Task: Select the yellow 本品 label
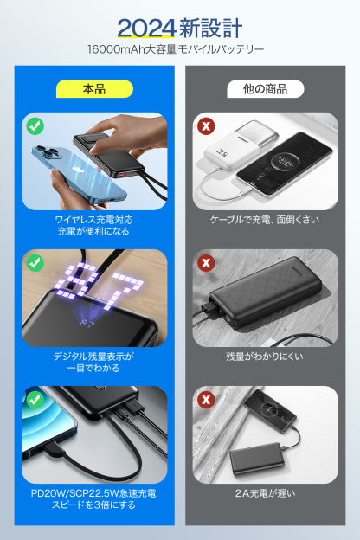(x=94, y=88)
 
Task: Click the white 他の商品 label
(x=266, y=88)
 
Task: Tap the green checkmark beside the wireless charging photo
(x=35, y=126)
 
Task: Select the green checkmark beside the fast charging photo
(x=35, y=399)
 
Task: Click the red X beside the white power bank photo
(x=206, y=126)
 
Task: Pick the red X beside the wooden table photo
(x=206, y=399)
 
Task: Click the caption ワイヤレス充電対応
(x=94, y=220)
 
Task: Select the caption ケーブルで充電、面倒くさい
(x=265, y=220)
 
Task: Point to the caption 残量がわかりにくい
(x=265, y=356)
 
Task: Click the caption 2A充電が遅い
(x=265, y=493)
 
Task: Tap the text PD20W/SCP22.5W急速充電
(x=94, y=493)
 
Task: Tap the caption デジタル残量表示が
(x=94, y=356)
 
